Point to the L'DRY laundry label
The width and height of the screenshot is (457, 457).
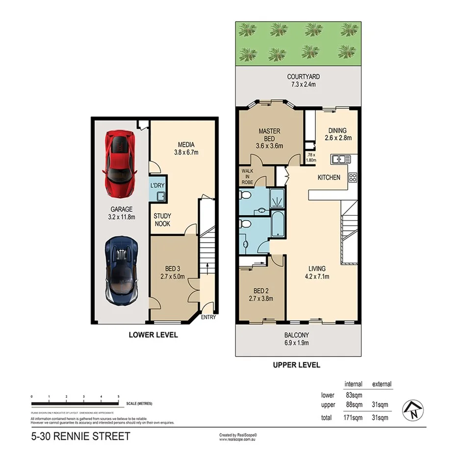click(x=157, y=185)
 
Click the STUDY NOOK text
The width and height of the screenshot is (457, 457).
click(x=162, y=219)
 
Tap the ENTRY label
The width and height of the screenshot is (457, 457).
click(x=208, y=317)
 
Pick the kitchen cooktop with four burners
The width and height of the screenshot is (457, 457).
click(x=353, y=178)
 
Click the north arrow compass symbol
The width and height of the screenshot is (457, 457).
click(x=413, y=411)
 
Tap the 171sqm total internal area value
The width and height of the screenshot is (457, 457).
click(x=353, y=418)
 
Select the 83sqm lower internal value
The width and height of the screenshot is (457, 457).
click(x=353, y=395)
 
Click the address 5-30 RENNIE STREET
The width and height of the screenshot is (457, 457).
click(x=80, y=436)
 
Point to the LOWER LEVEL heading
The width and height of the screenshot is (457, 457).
click(x=153, y=335)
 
